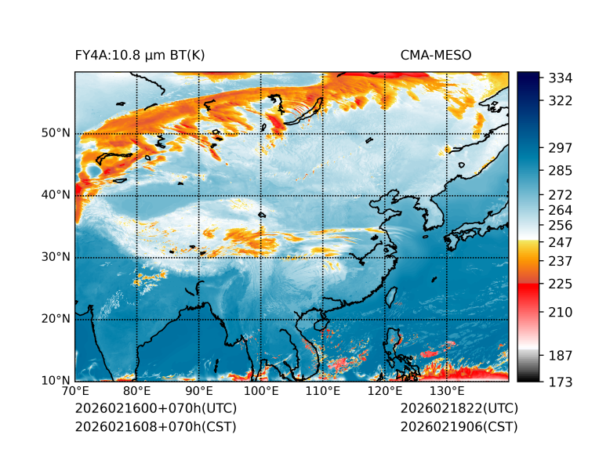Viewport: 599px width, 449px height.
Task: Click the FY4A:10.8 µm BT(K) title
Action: pos(140,55)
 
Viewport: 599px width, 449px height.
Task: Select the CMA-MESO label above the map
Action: pos(436,55)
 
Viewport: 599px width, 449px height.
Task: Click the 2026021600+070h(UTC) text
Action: pos(155,409)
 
